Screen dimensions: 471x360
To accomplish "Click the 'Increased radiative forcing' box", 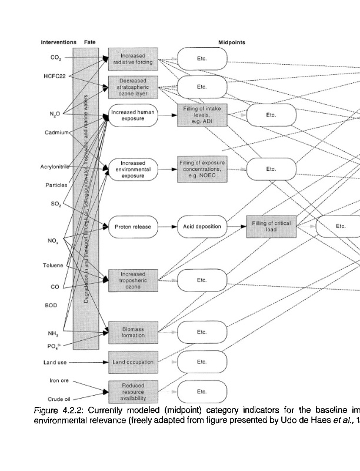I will click(x=133, y=58).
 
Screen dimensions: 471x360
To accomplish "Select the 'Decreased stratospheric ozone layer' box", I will click(x=133, y=87).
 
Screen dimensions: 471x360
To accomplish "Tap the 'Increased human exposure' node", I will click(x=133, y=115).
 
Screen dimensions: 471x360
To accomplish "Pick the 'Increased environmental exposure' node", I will click(x=133, y=168).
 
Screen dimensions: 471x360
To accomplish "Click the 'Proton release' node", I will click(x=133, y=226).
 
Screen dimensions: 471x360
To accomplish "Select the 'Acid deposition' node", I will click(x=202, y=226).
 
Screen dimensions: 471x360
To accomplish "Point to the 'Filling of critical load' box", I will click(x=271, y=226).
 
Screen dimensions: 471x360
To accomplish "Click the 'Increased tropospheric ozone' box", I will click(x=133, y=280).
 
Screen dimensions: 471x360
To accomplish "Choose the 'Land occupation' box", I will click(x=133, y=362).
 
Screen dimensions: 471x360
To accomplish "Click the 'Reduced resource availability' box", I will click(x=133, y=391).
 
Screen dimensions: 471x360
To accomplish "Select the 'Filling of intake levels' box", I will click(x=202, y=115).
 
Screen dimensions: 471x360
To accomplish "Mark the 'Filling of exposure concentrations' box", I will click(x=202, y=168).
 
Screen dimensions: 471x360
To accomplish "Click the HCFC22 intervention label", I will click(x=54, y=76).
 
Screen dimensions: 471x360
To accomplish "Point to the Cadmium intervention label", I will click(x=57, y=132).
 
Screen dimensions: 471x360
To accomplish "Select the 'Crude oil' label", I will click(x=55, y=399).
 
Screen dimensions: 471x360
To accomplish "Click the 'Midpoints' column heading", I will click(x=232, y=42).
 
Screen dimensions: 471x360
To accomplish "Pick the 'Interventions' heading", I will click(x=58, y=42).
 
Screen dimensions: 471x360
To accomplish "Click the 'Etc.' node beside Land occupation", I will click(x=202, y=362).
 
